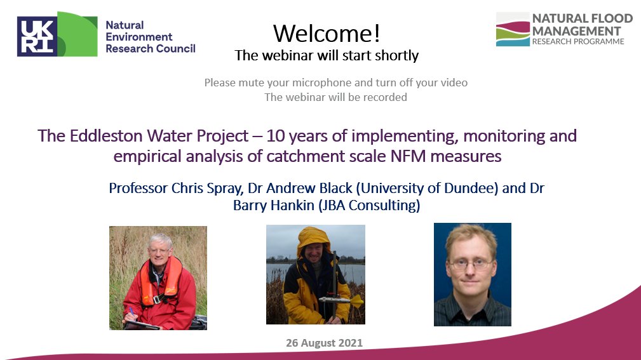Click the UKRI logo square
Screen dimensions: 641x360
click(x=37, y=36)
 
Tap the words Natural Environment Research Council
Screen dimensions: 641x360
click(x=151, y=37)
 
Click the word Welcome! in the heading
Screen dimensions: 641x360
click(x=327, y=33)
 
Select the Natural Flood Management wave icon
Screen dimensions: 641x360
click(x=513, y=29)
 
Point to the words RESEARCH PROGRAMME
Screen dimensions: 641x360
click(x=578, y=42)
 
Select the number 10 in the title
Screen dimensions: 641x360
click(x=275, y=136)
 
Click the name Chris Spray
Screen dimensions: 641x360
click(x=206, y=189)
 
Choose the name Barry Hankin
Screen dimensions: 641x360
click(x=273, y=205)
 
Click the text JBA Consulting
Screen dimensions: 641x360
click(x=369, y=205)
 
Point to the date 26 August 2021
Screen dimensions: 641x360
click(x=324, y=343)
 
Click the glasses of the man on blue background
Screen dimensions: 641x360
click(x=470, y=264)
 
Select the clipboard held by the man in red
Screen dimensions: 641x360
click(x=142, y=325)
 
